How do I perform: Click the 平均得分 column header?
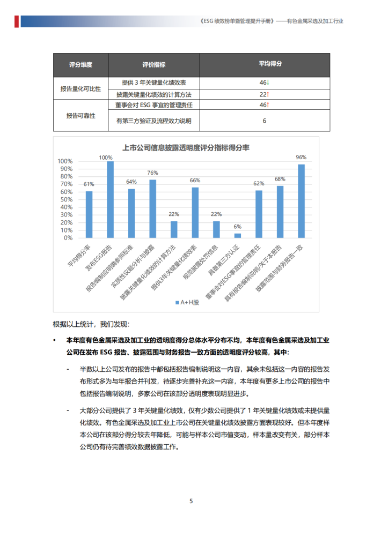pos(263,64)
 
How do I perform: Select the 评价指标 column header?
pos(153,64)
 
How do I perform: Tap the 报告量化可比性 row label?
pos(80,89)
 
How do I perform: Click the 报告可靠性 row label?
pos(80,115)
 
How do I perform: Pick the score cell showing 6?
pos(264,121)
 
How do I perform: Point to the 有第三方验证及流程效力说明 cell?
pos(153,121)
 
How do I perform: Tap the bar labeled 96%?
pos(301,201)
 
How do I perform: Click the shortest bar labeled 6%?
pos(238,236)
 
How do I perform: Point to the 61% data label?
pos(89,184)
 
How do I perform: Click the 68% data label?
pos(280,179)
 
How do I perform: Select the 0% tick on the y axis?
pos(68,237)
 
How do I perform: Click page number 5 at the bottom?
pos(190,502)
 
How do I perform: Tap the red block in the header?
pos(17,21)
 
